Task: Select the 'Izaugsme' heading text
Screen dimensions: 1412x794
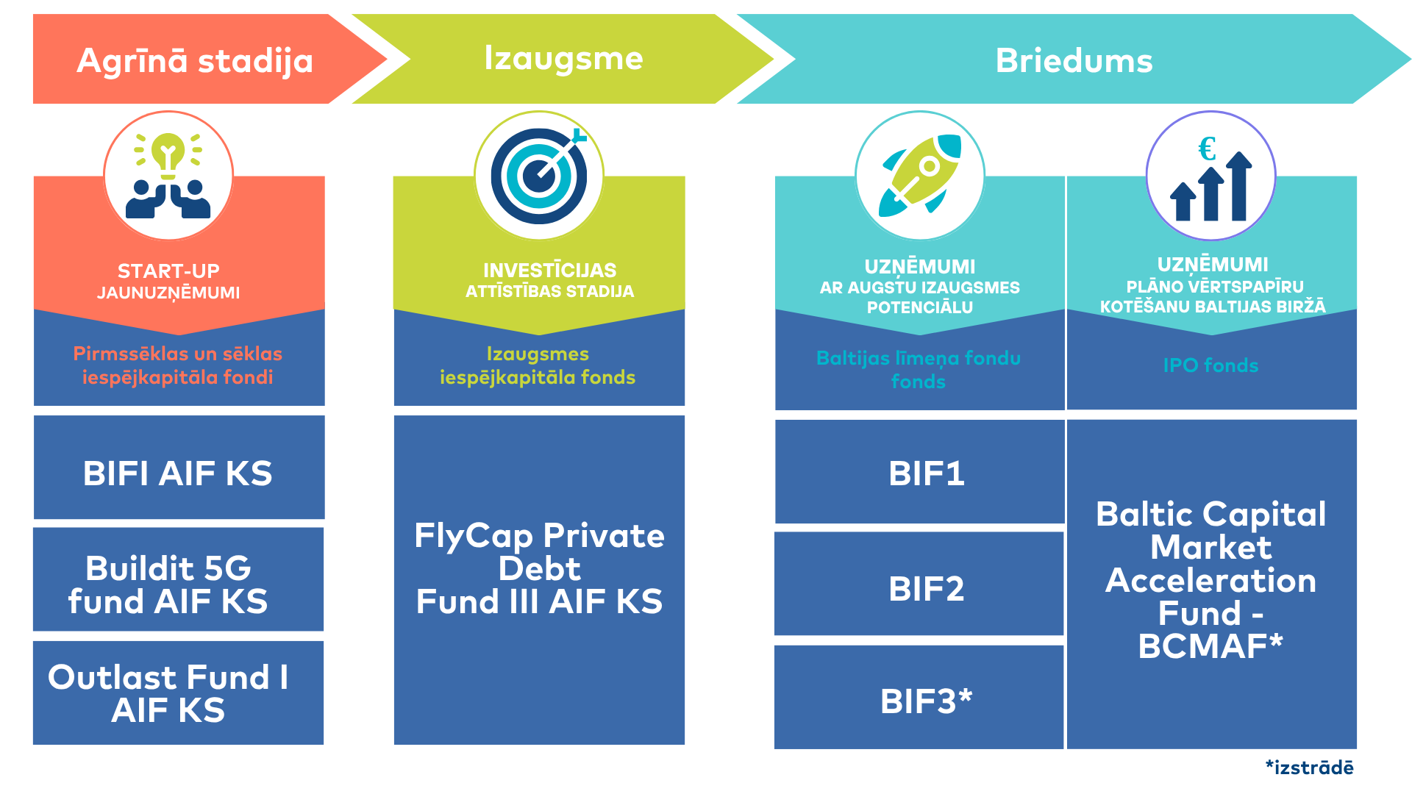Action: (x=563, y=59)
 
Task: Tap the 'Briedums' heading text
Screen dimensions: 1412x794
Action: (x=1074, y=60)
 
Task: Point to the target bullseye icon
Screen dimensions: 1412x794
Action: (x=540, y=176)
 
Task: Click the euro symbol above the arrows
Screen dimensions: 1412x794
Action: (x=1207, y=149)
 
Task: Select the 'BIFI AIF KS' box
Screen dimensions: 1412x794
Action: (x=179, y=468)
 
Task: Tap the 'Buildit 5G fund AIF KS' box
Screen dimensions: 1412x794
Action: (x=179, y=579)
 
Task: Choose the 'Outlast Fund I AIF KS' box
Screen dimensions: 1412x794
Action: (x=179, y=693)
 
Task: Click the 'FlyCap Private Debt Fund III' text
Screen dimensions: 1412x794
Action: (x=539, y=568)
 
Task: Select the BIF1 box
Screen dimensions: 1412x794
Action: (x=920, y=472)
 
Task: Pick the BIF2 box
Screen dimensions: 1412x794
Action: (x=920, y=584)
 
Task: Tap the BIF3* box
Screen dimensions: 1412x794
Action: (x=920, y=698)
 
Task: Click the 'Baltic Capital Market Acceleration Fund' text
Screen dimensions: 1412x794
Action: (x=1211, y=563)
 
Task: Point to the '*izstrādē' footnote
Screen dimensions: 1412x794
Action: (x=1309, y=768)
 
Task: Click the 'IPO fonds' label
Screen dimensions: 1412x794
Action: (x=1210, y=365)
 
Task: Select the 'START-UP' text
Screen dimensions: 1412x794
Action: (x=168, y=271)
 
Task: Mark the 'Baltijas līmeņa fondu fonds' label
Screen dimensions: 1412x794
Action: (x=919, y=370)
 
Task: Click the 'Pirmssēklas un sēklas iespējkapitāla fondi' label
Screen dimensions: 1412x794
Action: (x=177, y=365)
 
